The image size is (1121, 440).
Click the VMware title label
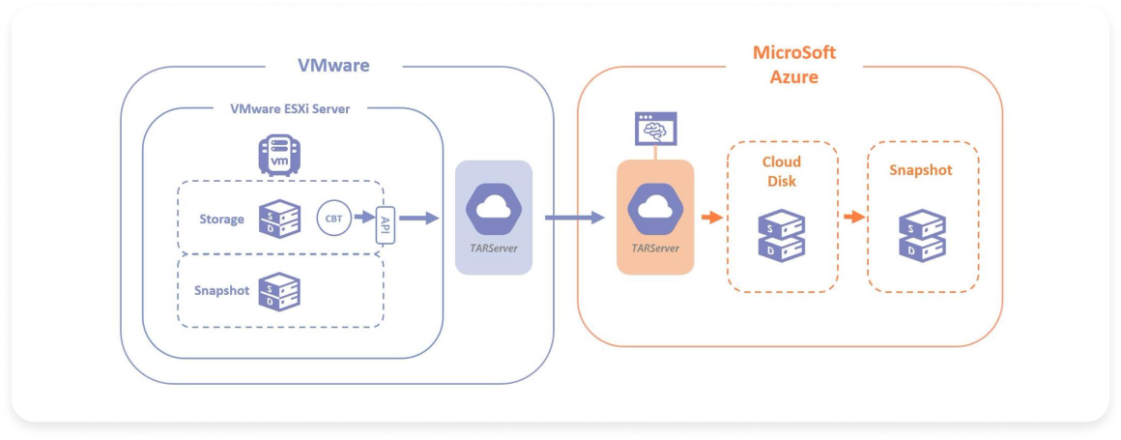pyautogui.click(x=332, y=66)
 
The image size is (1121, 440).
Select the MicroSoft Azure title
pyautogui.click(x=793, y=64)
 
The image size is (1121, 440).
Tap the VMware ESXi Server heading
pyautogui.click(x=290, y=108)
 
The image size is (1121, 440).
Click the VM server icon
pyautogui.click(x=278, y=155)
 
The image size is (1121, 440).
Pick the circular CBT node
pyautogui.click(x=332, y=218)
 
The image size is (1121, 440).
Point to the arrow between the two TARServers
pyautogui.click(x=574, y=219)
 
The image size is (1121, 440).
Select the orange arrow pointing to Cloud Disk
pyautogui.click(x=711, y=217)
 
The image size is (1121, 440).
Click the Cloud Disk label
pyautogui.click(x=781, y=171)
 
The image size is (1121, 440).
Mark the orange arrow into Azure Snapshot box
pyautogui.click(x=852, y=217)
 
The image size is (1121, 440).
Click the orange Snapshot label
pyautogui.click(x=921, y=170)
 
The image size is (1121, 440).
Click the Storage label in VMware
pyautogui.click(x=221, y=220)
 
